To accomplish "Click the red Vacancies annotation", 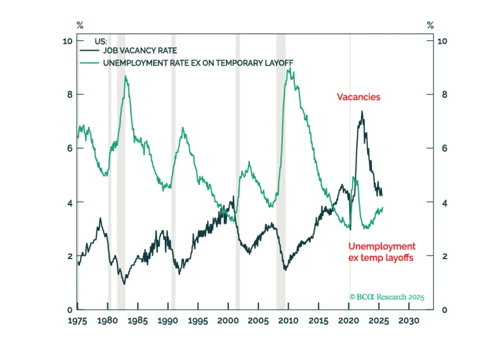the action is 359,97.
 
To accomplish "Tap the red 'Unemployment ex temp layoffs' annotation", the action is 382,252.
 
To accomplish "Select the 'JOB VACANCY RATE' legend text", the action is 140,51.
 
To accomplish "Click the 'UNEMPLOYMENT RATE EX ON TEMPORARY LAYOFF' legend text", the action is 198,63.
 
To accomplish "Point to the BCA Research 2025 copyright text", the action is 387,297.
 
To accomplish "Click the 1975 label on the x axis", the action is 77,321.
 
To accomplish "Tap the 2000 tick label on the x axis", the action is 228,321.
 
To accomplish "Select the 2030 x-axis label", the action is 409,321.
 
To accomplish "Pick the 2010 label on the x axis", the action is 288,321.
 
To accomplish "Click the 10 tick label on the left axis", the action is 67,41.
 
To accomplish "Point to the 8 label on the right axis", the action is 445,95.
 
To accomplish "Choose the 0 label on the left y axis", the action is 70,310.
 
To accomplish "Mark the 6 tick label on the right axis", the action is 445,148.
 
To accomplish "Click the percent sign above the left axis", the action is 80,25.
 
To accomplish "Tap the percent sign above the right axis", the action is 430,25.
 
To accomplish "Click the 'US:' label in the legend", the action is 101,41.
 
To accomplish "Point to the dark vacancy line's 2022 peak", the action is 362,111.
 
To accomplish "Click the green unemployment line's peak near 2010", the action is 290,67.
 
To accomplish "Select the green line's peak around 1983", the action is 125,76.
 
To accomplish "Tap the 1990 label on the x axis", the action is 168,321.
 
